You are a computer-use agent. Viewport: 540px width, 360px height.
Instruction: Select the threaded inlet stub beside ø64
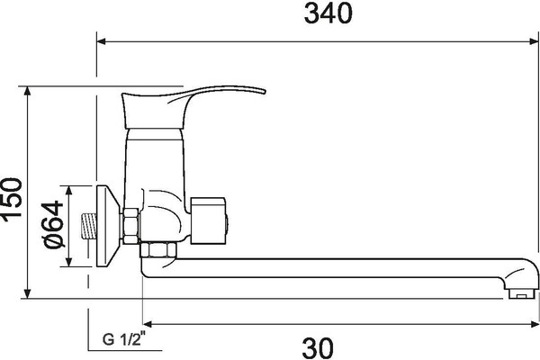tap(87, 226)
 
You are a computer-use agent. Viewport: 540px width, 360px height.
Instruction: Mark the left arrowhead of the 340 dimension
tap(102, 40)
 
